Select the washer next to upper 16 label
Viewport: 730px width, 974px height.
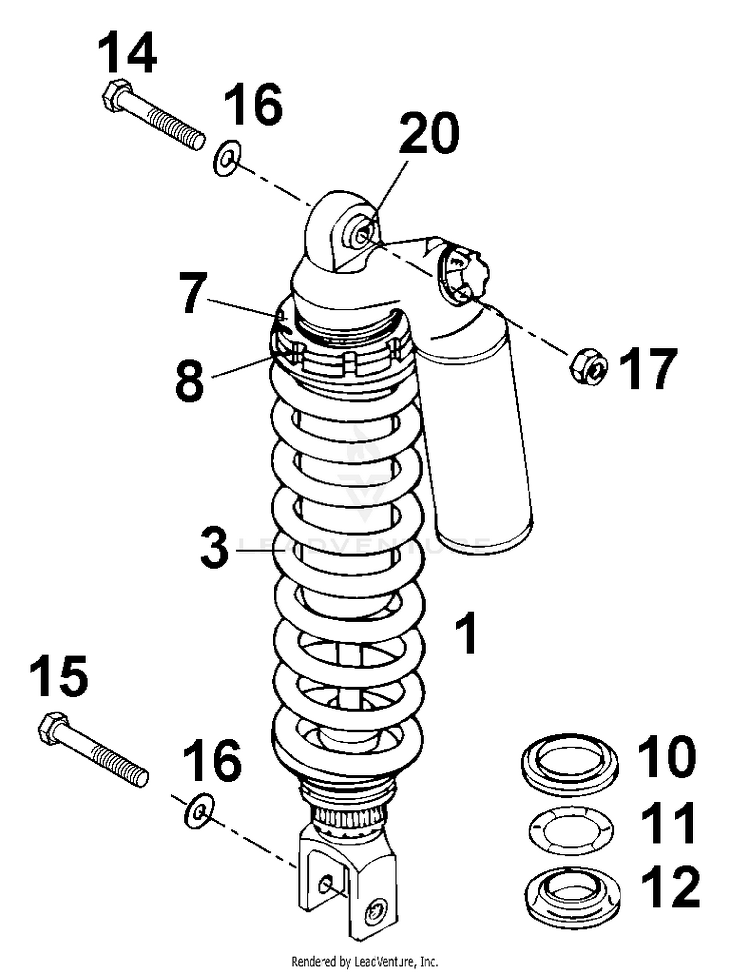point(227,158)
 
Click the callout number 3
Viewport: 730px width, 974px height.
point(215,548)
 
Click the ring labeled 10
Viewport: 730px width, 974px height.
point(570,764)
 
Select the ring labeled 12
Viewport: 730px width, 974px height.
point(574,895)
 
